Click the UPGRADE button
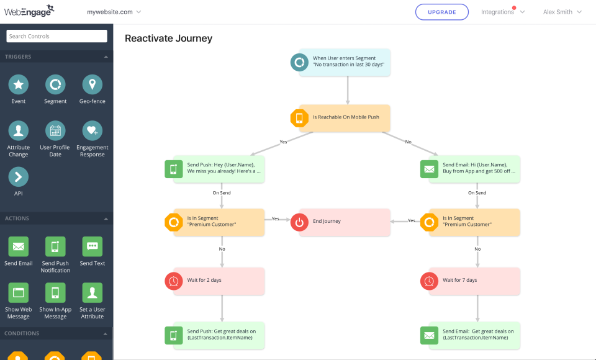pyautogui.click(x=442, y=12)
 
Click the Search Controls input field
pyautogui.click(x=56, y=36)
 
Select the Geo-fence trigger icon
pyautogui.click(x=93, y=84)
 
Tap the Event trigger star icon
pyautogui.click(x=19, y=84)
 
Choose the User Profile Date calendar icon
pyautogui.click(x=55, y=131)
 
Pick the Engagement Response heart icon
pyautogui.click(x=93, y=131)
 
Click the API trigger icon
pyautogui.click(x=19, y=177)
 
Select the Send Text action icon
pyautogui.click(x=93, y=246)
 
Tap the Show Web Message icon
pyautogui.click(x=19, y=292)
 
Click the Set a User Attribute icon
pyautogui.click(x=93, y=292)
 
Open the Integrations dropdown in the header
pyautogui.click(x=503, y=12)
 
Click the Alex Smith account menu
pyautogui.click(x=562, y=12)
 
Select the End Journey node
pyautogui.click(x=345, y=222)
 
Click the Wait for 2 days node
pyautogui.click(x=215, y=281)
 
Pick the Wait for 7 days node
pyautogui.click(x=470, y=281)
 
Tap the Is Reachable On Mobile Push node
pyautogui.click(x=345, y=117)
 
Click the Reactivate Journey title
pyautogui.click(x=168, y=38)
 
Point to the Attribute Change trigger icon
pyautogui.click(x=19, y=131)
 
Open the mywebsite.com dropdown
pyautogui.click(x=114, y=12)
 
